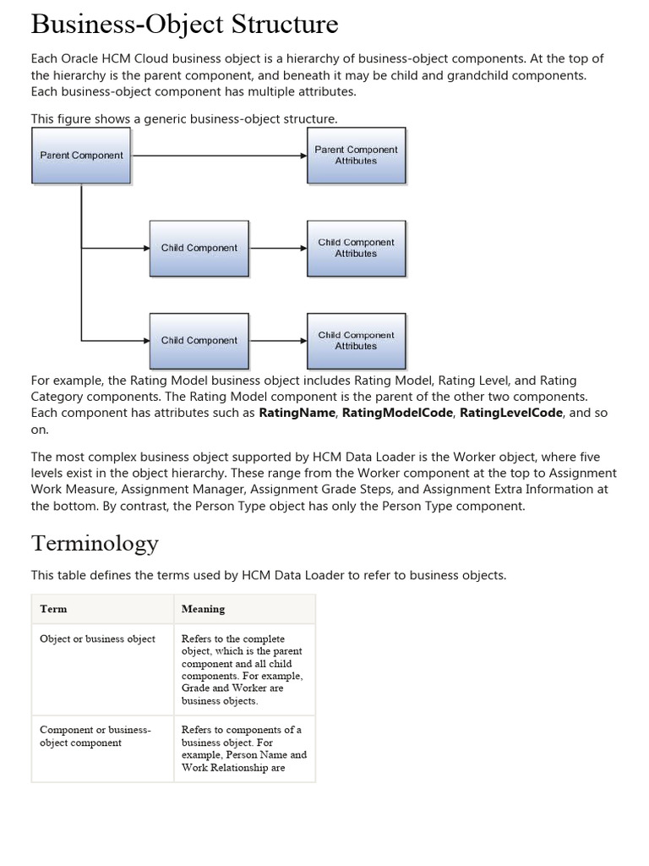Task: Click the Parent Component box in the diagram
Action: [x=81, y=156]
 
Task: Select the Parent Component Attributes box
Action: [x=356, y=156]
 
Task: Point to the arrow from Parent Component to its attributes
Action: [x=218, y=156]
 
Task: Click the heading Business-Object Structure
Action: [x=184, y=24]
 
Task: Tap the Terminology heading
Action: [x=95, y=542]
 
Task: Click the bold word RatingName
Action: [x=297, y=413]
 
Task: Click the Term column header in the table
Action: [x=53, y=609]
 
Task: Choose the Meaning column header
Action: [x=203, y=609]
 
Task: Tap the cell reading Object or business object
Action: [x=97, y=639]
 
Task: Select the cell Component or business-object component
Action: [x=95, y=736]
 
